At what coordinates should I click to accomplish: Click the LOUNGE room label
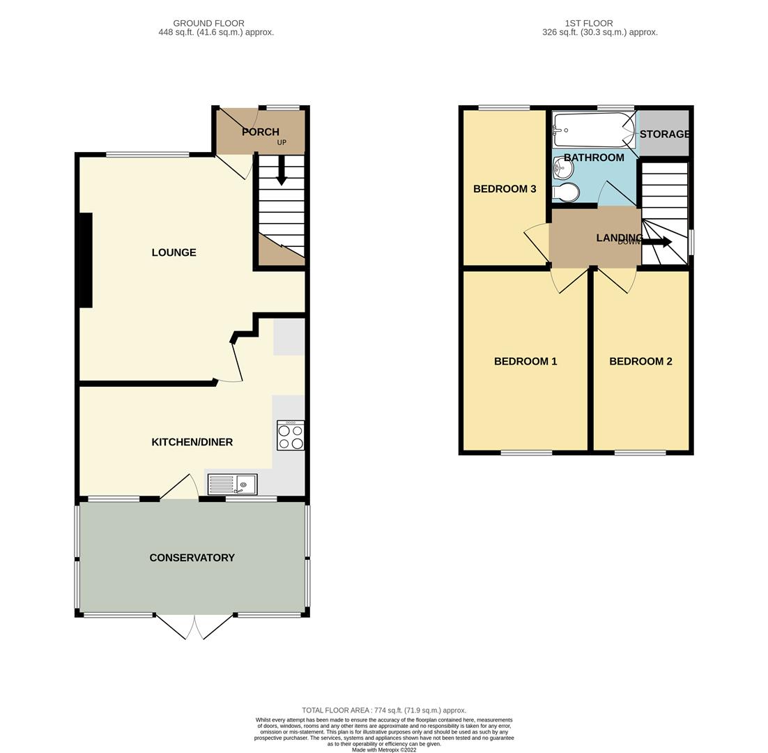pyautogui.click(x=174, y=252)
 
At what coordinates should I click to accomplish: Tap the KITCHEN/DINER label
pyautogui.click(x=192, y=442)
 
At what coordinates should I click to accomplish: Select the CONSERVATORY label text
pyautogui.click(x=192, y=558)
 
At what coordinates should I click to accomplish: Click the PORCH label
pyautogui.click(x=260, y=132)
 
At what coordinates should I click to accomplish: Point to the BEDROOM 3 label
pyautogui.click(x=505, y=189)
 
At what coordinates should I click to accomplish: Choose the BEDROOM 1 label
pyautogui.click(x=525, y=361)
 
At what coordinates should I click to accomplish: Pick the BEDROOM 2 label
pyautogui.click(x=640, y=361)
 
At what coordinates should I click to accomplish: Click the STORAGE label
pyautogui.click(x=664, y=134)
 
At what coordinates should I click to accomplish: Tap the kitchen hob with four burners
pyautogui.click(x=291, y=435)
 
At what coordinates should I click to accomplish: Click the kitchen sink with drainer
pyautogui.click(x=232, y=484)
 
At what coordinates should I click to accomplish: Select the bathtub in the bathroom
pyautogui.click(x=593, y=130)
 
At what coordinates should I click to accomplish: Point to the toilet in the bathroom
pyautogui.click(x=565, y=192)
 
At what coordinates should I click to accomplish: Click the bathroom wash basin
pyautogui.click(x=562, y=168)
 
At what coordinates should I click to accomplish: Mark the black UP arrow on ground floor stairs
pyautogui.click(x=281, y=170)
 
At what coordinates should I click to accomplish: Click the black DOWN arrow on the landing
pyautogui.click(x=656, y=242)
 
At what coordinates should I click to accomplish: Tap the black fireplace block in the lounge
pyautogui.click(x=85, y=260)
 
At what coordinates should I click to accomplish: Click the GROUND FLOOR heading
pyautogui.click(x=208, y=23)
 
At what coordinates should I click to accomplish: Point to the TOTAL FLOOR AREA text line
pyautogui.click(x=384, y=710)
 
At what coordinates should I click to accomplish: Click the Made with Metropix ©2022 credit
pyautogui.click(x=384, y=750)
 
